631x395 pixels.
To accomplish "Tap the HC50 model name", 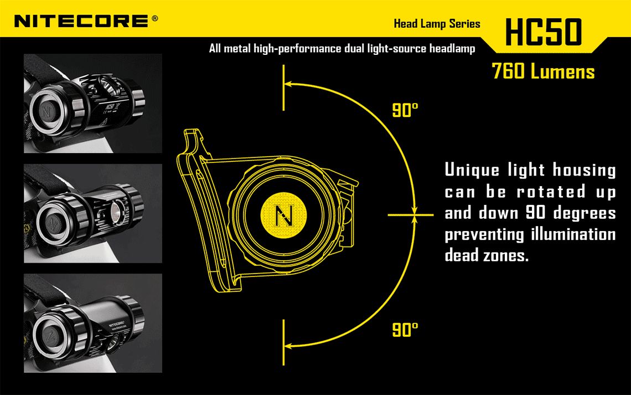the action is [x=544, y=32].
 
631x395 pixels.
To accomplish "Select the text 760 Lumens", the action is [x=544, y=71].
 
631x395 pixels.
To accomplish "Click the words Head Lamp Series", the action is [x=437, y=24].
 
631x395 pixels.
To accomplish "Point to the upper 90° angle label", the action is [x=405, y=110].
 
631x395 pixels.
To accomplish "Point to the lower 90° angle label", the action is [x=405, y=330].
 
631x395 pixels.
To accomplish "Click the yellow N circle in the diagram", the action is [x=284, y=216].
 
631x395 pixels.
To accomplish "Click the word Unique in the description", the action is [x=472, y=170].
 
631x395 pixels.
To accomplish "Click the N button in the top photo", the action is [x=47, y=111].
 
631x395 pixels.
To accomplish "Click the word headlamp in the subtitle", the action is [x=452, y=49].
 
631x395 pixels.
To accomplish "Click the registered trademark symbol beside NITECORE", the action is [x=155, y=18].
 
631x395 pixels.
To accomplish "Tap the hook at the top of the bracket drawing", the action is [x=194, y=137].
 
